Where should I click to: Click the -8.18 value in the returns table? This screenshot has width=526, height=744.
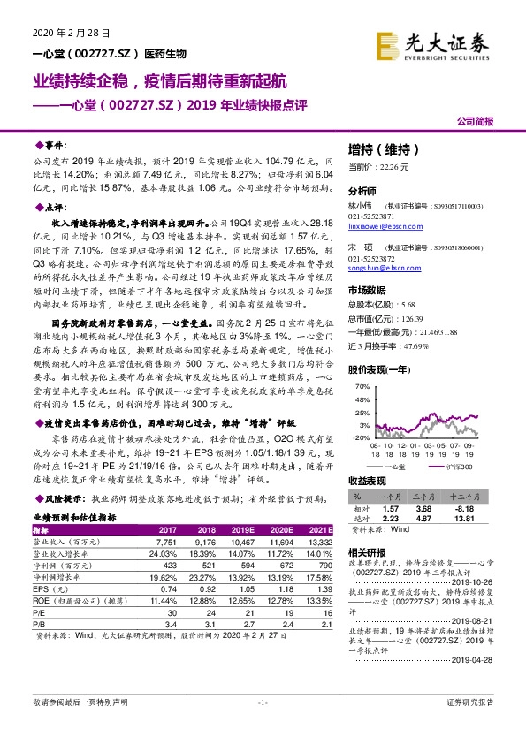[465, 510]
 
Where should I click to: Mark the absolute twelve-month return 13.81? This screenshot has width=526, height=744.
[465, 520]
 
